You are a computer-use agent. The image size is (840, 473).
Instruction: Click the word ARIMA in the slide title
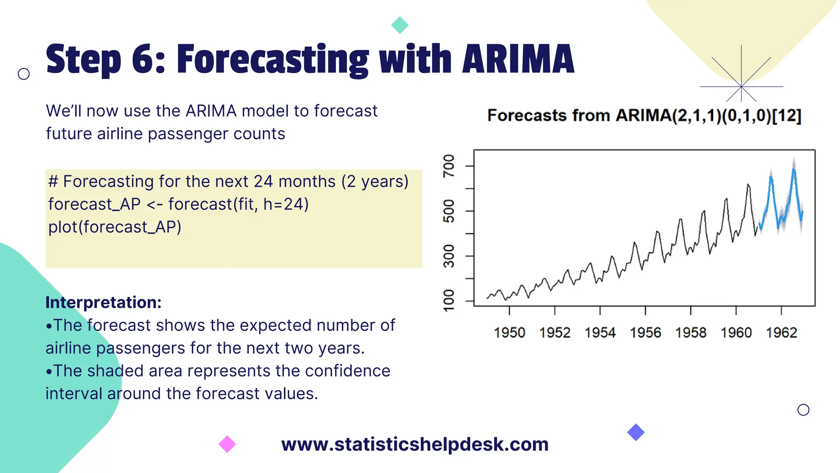coord(518,60)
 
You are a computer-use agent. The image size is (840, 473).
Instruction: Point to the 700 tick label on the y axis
coord(449,166)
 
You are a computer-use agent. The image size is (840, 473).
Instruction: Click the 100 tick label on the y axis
coord(449,301)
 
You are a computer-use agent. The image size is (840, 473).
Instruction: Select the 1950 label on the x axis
coord(509,333)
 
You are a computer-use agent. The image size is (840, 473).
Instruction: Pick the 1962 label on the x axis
coord(781,333)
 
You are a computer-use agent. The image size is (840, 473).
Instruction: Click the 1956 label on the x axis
coord(645,333)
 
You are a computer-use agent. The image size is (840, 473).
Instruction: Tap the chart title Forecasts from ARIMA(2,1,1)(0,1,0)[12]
coord(644,115)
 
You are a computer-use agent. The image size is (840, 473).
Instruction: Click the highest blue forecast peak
coord(794,169)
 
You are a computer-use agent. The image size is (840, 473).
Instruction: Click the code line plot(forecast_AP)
coord(115,227)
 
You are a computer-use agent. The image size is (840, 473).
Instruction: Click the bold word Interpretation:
coord(103,302)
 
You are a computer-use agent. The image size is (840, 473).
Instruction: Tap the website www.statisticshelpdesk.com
coord(415,444)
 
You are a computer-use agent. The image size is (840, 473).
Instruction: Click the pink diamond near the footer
coord(227,444)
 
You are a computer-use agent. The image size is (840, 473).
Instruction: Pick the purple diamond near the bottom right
coord(636,432)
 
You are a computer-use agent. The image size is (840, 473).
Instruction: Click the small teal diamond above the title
coord(400,25)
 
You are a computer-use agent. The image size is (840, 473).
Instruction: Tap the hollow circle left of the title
coord(24,74)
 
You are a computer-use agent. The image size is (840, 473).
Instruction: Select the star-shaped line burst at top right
coord(741,86)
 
